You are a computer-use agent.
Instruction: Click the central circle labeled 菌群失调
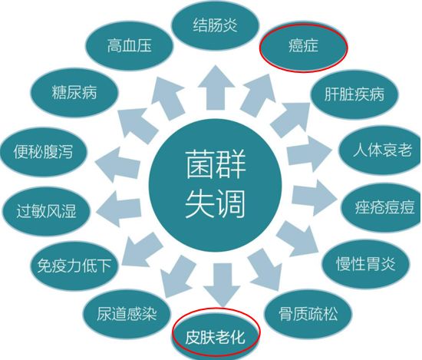point(216,185)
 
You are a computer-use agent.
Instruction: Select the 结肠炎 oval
point(215,25)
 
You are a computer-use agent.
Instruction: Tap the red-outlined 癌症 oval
point(303,48)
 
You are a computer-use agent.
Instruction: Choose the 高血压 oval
point(129,46)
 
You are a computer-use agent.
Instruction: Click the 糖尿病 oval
point(74,93)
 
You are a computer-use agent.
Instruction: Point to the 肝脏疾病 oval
point(354,94)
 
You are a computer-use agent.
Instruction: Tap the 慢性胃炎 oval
point(365,264)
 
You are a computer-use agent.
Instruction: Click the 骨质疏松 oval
point(308,314)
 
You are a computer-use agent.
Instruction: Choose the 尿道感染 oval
point(127,314)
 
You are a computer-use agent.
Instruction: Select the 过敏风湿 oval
point(46,211)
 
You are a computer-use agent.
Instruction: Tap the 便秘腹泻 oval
point(44,151)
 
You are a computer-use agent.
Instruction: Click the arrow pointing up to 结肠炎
point(216,88)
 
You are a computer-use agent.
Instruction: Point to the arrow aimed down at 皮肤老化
point(222,285)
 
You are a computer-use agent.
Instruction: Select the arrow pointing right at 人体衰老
point(309,154)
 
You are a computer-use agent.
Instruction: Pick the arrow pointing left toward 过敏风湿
point(118,207)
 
